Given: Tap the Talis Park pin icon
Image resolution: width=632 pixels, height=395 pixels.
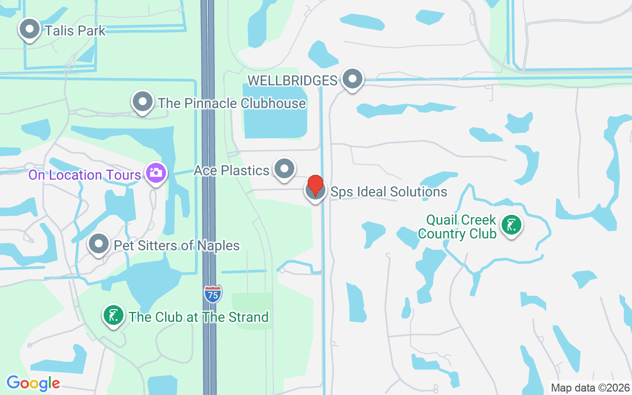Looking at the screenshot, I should tap(30, 29).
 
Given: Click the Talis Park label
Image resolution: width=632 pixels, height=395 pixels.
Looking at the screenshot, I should tap(75, 31).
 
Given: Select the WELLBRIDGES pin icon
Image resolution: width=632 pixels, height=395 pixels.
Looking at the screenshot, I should tap(353, 79).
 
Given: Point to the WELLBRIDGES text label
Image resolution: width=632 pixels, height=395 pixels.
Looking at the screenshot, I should tap(292, 80).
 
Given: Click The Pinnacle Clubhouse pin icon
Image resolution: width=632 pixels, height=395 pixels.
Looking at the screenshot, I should tap(143, 102).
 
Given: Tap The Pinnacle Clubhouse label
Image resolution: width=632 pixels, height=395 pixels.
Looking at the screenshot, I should tap(232, 103).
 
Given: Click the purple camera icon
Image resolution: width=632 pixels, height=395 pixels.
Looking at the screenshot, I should tap(156, 173).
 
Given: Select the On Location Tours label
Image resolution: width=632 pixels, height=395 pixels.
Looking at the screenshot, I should tap(85, 175).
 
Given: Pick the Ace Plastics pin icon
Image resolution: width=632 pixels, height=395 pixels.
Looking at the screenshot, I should tap(284, 169).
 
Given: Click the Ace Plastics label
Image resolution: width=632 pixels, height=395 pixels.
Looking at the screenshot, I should tap(232, 170).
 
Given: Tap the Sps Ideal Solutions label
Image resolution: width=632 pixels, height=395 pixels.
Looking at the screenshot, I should tap(389, 192).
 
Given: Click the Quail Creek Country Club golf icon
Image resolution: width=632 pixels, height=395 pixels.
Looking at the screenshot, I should tap(512, 225).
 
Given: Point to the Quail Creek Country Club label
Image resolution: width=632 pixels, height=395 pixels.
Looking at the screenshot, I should tap(457, 227).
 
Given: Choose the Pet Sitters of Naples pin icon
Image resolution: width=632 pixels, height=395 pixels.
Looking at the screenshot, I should tap(99, 244).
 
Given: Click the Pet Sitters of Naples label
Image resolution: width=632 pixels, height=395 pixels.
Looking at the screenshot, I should tap(177, 245).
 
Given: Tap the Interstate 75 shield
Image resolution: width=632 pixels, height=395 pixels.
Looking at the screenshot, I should tap(213, 294).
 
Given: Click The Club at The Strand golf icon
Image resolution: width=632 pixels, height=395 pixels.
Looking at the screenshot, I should tap(114, 315).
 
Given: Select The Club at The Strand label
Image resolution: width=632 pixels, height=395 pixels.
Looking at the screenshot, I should tap(198, 317).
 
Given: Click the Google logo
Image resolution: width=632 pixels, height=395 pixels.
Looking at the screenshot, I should tap(33, 383).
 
